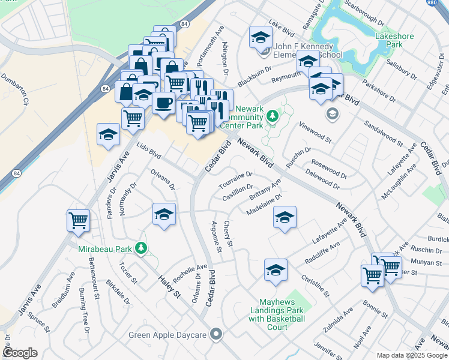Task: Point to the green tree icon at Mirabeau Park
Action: [141, 247]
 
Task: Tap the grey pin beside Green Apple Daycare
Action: [217, 334]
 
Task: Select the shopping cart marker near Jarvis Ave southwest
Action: [79, 221]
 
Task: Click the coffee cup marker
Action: [163, 103]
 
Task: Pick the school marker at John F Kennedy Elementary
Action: [261, 38]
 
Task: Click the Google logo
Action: [20, 353]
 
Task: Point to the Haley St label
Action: [170, 286]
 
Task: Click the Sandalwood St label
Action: [383, 133]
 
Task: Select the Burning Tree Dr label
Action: [83, 305]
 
